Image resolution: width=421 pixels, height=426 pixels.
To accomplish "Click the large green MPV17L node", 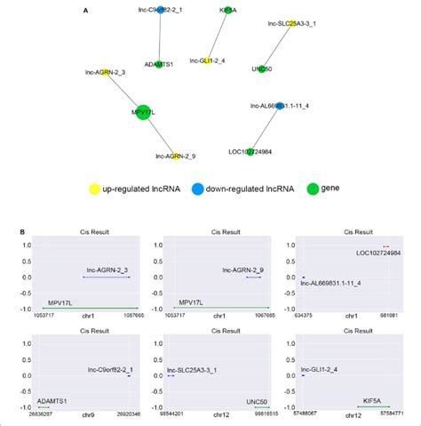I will coord(143,112).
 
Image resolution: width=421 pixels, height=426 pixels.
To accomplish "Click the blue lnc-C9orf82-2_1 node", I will coord(160,11).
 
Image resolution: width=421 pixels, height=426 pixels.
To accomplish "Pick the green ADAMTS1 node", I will coord(160,54).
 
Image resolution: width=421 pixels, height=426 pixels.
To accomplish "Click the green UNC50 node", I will coord(261,68).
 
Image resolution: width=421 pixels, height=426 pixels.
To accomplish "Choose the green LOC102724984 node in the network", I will coord(251,151).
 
